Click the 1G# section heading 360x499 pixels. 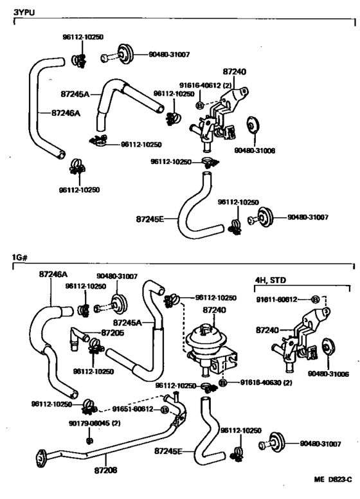click(x=19, y=257)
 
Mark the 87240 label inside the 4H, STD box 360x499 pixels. click(x=269, y=330)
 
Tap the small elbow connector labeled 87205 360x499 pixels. click(x=80, y=337)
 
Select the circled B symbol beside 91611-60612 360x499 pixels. click(x=315, y=300)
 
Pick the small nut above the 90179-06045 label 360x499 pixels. click(x=89, y=440)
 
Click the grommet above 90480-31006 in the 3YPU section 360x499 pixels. click(x=251, y=124)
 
